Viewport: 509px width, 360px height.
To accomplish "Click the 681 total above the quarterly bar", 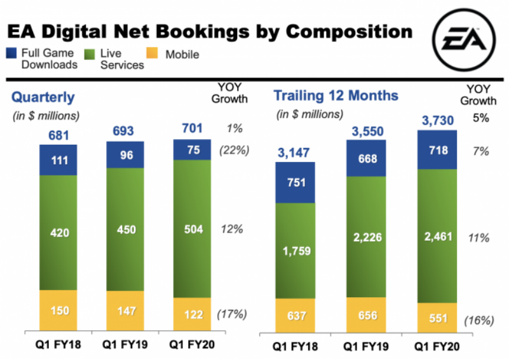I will (x=58, y=135).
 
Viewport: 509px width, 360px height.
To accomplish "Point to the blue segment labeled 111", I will (x=58, y=159).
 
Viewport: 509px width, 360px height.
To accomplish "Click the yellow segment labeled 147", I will (x=126, y=311).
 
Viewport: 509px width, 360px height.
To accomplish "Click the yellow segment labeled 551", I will (x=437, y=317).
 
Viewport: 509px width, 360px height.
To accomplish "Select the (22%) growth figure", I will (x=233, y=150).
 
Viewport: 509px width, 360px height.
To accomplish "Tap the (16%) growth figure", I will (x=480, y=321).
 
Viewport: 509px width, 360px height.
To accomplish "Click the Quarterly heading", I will (x=44, y=97).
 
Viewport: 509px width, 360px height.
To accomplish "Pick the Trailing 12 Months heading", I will (x=336, y=96).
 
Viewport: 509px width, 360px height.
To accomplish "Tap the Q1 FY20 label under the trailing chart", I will (x=437, y=346).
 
